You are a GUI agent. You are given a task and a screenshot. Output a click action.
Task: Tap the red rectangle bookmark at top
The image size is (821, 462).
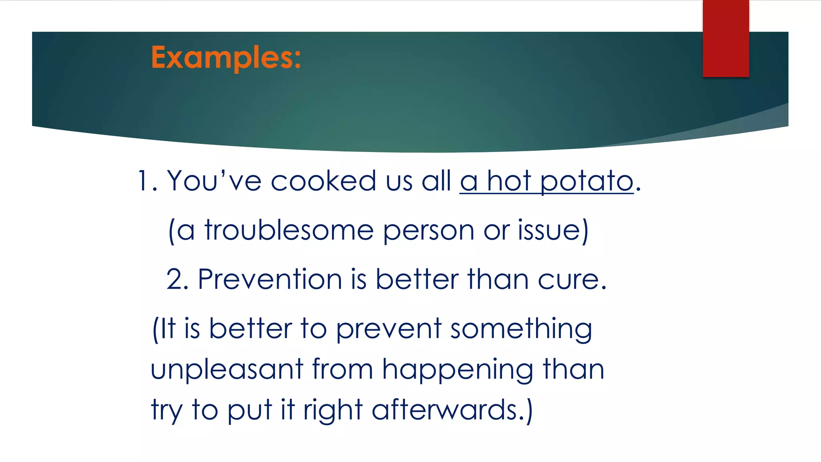point(726,38)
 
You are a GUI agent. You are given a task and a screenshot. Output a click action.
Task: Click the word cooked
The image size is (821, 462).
point(323,181)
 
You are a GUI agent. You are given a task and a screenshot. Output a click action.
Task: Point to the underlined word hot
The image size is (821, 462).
point(509,181)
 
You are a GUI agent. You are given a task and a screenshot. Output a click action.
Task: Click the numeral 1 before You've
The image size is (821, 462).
point(143,181)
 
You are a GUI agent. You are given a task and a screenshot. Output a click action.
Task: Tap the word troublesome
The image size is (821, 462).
point(289,231)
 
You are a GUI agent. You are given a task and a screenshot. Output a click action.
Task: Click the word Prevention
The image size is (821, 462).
point(269,280)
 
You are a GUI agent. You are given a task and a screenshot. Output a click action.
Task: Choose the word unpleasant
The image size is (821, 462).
point(227,370)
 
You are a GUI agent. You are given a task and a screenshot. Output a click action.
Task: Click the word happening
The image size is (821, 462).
point(457,370)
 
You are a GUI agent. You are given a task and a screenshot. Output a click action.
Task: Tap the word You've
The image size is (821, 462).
point(214,181)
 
